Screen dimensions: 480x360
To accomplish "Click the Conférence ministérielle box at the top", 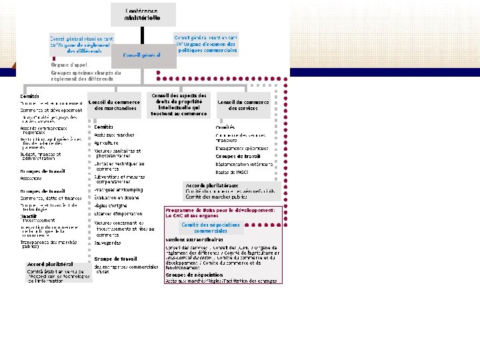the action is click(x=143, y=14).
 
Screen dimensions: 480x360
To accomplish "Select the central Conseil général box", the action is click(x=143, y=55).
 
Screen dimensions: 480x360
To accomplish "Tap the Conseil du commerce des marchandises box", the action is click(x=115, y=105).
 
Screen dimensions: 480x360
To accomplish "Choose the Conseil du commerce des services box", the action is click(x=243, y=105).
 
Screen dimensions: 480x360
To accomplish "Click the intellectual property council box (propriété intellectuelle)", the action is click(x=179, y=105).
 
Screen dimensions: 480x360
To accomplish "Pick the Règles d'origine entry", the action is click(x=111, y=206).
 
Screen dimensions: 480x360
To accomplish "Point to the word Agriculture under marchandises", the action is click(x=107, y=143).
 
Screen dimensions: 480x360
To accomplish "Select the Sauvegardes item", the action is click(x=109, y=243).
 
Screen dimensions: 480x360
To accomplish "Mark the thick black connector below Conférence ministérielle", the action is click(x=143, y=37).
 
